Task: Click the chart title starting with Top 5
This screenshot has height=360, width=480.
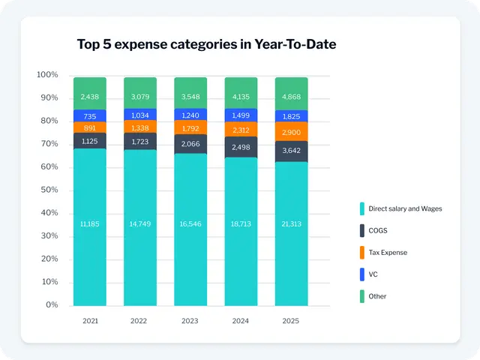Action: coord(206,44)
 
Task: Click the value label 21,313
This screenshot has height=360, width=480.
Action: coord(291,223)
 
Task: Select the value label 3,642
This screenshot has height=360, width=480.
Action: coord(291,151)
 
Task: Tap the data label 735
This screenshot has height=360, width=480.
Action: coord(89,116)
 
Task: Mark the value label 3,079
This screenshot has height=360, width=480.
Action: coord(140,97)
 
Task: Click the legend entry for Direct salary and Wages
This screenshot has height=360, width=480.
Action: coord(405,208)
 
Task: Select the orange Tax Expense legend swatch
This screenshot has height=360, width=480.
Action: coord(361,252)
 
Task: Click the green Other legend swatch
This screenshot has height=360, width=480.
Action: coord(361,296)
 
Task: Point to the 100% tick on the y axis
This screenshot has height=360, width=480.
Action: coord(47,75)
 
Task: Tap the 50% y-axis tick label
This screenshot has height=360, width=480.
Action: coord(49,190)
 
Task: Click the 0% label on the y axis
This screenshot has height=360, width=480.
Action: coord(52,305)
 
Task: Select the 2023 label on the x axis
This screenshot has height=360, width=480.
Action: coord(190,320)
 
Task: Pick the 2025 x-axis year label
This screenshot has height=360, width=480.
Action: coord(291,320)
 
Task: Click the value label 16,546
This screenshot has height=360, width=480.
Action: coord(190,223)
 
